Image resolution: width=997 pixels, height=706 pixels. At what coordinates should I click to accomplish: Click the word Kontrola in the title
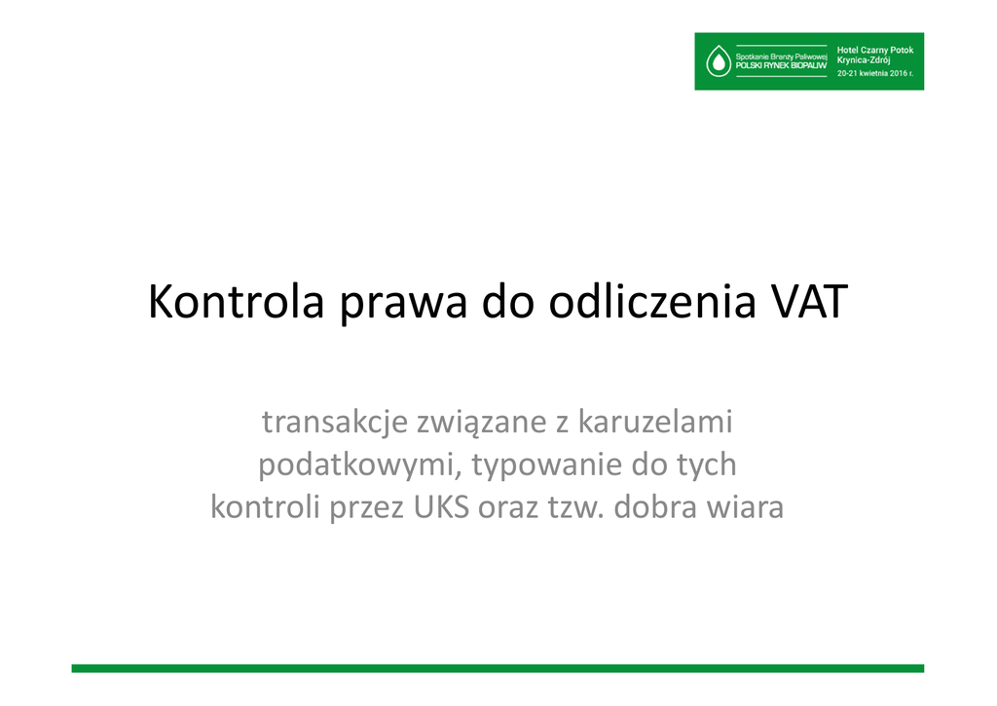236,301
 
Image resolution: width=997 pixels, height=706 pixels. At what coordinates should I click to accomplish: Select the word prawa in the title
403,307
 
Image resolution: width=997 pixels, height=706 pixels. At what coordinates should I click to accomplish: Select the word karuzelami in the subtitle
655,421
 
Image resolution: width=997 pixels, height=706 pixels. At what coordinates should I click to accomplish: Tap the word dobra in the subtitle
650,506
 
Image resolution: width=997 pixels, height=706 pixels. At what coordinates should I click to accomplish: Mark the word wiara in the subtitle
741,507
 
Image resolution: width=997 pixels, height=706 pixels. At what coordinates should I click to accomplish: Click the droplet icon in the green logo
719,61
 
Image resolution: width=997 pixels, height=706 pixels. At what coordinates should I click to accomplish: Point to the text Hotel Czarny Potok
875,50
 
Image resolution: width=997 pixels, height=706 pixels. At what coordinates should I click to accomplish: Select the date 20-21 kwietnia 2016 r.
875,73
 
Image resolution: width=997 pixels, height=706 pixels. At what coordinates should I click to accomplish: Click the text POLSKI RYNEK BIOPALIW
781,65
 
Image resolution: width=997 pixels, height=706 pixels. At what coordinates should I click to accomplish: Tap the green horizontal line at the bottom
498,668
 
